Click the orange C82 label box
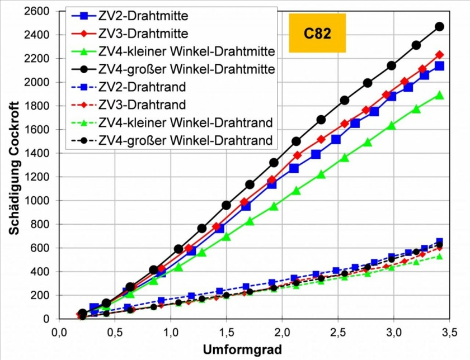click(317, 33)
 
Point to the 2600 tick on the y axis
click(37, 11)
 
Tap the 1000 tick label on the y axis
click(37, 201)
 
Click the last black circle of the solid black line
click(439, 26)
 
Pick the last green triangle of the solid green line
click(439, 95)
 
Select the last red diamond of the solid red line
click(439, 55)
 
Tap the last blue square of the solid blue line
click(439, 66)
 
